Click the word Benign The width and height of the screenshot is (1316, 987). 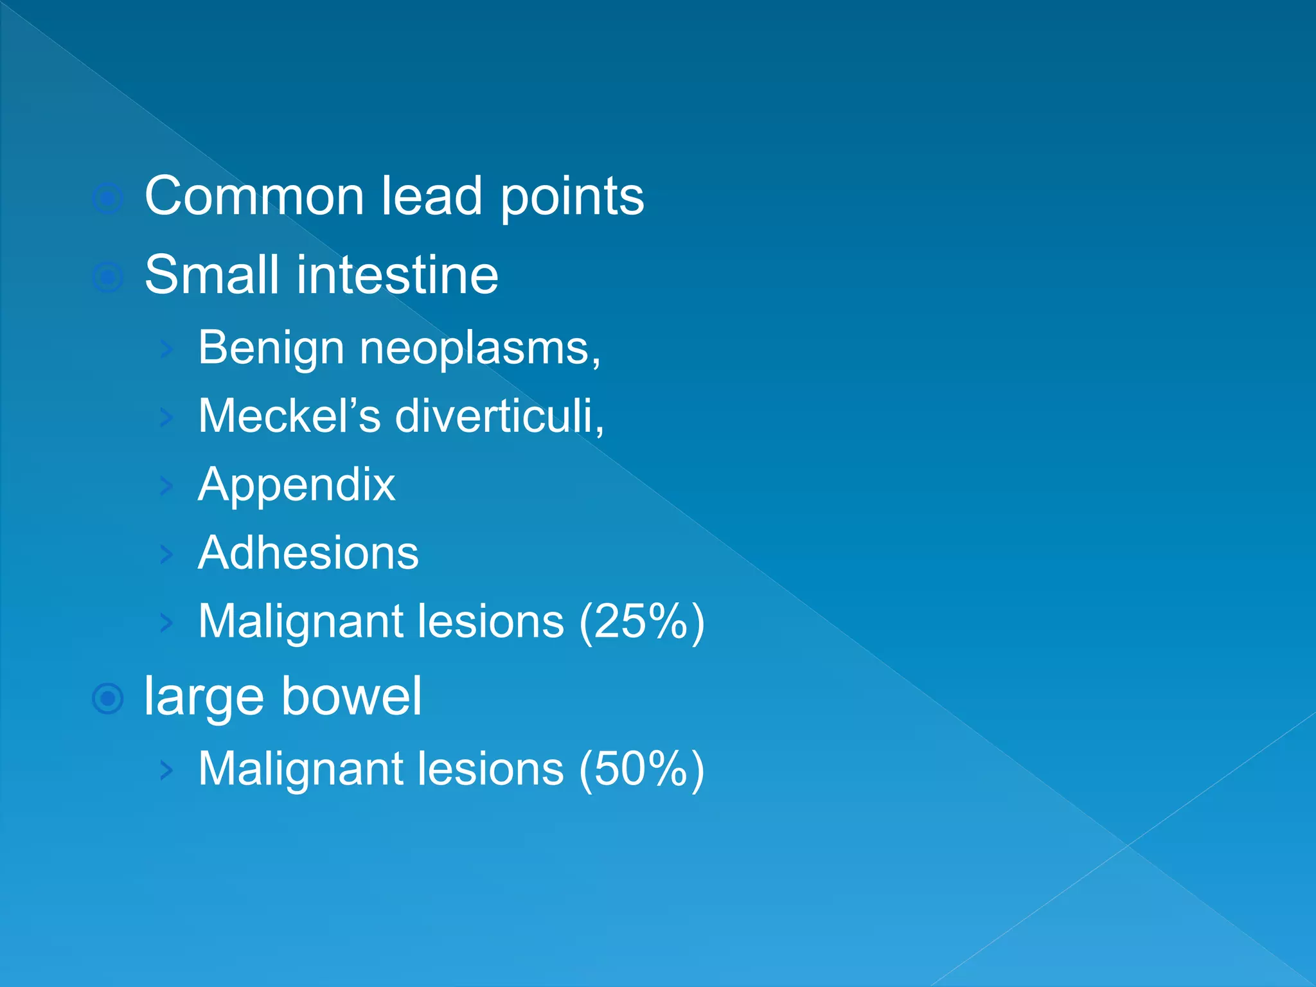point(271,348)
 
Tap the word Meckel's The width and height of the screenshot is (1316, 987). point(289,416)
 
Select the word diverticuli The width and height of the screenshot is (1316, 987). point(499,416)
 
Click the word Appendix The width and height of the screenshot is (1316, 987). point(296,485)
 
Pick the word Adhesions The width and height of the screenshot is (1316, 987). point(308,553)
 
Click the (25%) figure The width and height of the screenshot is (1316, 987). point(641,621)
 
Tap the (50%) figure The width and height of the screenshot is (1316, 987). point(641,769)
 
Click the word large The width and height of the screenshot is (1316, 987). point(204,697)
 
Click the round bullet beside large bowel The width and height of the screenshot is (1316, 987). point(107,698)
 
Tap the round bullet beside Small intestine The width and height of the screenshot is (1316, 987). point(107,278)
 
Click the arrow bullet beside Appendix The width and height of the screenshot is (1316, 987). point(166,486)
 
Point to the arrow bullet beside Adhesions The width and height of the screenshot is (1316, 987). point(166,554)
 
